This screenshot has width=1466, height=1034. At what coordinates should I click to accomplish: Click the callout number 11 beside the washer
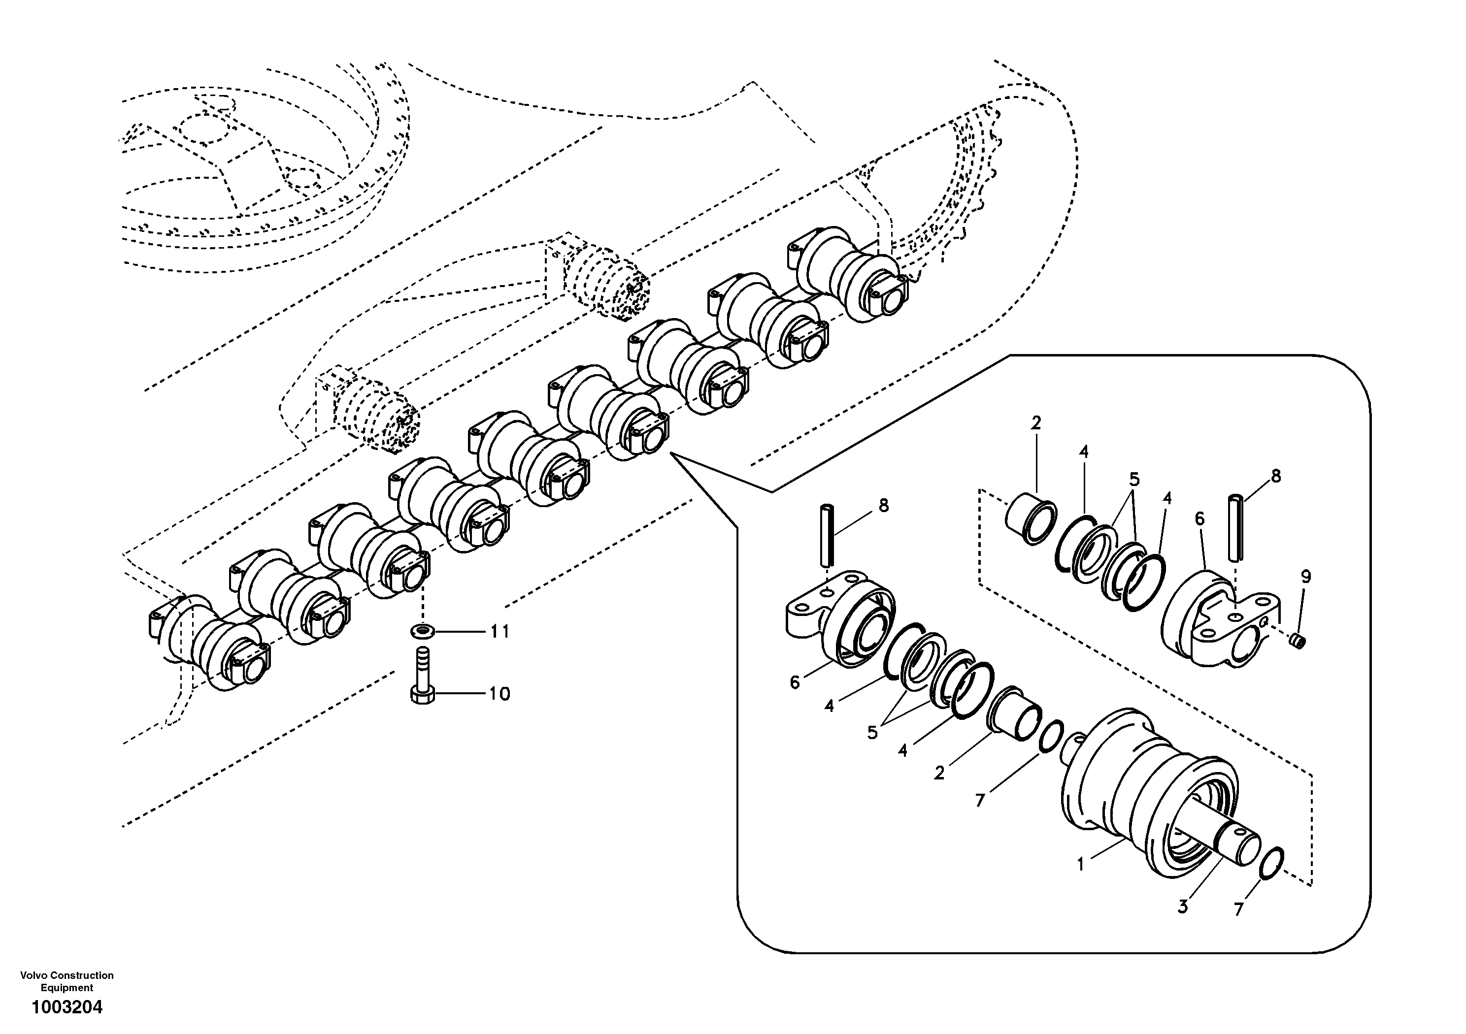pos(500,632)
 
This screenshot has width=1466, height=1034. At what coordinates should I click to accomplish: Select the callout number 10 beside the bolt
pos(500,694)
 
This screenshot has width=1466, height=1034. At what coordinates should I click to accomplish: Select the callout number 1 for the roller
pos(1080,865)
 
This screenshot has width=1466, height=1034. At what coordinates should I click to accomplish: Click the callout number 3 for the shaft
pos(1183,906)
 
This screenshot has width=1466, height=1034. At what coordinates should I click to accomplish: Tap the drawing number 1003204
pos(67,1008)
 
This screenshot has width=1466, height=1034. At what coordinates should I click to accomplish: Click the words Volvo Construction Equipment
pos(67,981)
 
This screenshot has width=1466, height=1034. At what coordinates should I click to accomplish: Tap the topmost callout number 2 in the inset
pos(1035,422)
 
